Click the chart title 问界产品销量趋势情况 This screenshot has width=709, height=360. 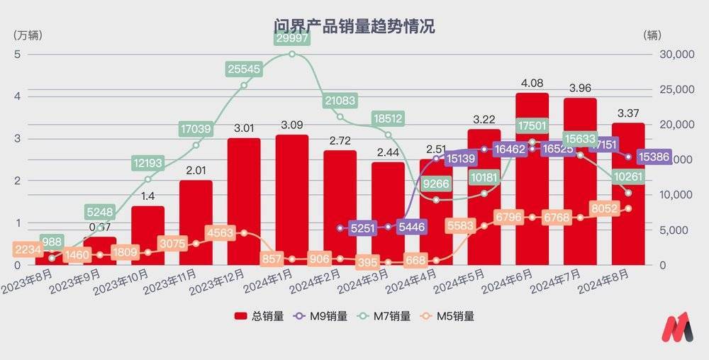click(x=354, y=27)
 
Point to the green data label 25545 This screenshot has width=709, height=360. click(x=245, y=69)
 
